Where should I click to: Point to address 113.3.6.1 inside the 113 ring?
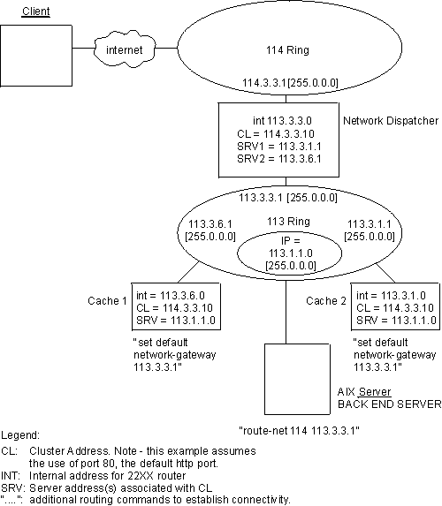coord(206,224)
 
